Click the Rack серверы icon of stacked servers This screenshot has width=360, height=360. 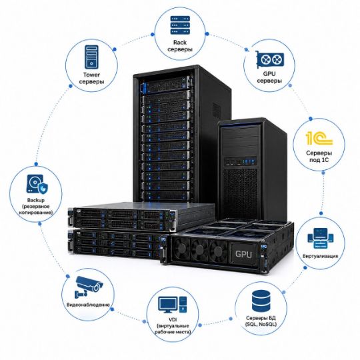pos(180,25)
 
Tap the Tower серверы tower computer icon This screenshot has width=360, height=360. pos(91,57)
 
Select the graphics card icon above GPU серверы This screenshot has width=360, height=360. pos(269,60)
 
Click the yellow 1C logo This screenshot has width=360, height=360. pos(319,138)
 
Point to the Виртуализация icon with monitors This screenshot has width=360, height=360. pos(321,238)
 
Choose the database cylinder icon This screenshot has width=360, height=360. pos(261,300)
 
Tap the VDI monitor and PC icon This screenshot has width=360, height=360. pos(173,305)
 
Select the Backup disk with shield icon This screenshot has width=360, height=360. pos(37,184)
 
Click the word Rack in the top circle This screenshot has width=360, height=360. pos(180,43)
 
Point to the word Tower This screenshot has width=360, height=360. pos(91,75)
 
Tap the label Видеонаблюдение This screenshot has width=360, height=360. pos(88,305)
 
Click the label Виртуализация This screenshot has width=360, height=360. pos(320,256)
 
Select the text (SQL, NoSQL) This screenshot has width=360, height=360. pos(261,325)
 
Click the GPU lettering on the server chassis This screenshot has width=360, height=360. pos(243,254)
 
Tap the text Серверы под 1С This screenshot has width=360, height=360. pos(319,157)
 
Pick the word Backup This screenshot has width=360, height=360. pos(36,200)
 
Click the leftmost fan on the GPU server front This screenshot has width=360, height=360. pos(181,248)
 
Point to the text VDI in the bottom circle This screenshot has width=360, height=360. pos(173,319)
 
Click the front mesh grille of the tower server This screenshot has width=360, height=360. pos(240,193)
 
